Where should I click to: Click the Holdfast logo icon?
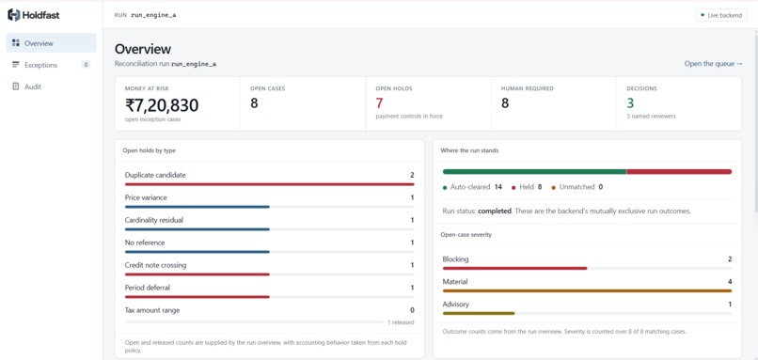tap(13, 15)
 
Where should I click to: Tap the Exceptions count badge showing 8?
tap(86, 65)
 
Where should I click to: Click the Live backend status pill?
tap(721, 15)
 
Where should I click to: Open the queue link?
tap(713, 64)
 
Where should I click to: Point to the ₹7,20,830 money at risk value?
tap(162, 105)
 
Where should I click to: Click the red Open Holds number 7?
tap(380, 103)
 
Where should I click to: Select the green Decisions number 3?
tap(630, 103)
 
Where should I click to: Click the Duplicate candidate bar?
tap(269, 184)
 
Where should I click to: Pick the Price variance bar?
tap(197, 207)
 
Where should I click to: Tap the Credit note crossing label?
tap(155, 265)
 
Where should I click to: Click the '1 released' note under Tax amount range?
tap(401, 322)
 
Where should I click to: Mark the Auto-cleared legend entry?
tap(471, 187)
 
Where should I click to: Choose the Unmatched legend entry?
tap(576, 187)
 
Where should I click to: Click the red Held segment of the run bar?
tap(679, 172)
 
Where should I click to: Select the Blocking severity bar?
tap(514, 268)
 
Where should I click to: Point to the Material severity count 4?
tap(730, 282)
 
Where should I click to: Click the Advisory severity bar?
tap(479, 313)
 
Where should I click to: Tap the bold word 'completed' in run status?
tap(495, 211)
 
